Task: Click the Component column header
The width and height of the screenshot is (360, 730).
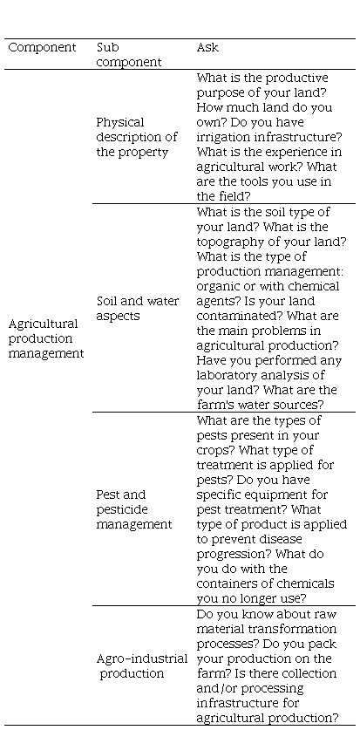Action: [42, 47]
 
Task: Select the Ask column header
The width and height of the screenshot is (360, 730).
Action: [207, 47]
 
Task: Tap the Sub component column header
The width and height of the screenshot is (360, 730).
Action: [129, 54]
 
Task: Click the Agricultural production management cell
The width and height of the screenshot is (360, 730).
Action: [46, 338]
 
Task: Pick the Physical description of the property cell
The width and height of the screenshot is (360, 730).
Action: [137, 137]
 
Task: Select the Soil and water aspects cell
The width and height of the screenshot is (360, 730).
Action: [137, 308]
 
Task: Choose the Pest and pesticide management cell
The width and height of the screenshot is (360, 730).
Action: [134, 509]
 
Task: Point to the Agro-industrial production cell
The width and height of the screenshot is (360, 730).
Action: [142, 665]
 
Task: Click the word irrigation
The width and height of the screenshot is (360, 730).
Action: [223, 137]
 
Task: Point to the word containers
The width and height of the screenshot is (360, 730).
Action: [228, 583]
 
